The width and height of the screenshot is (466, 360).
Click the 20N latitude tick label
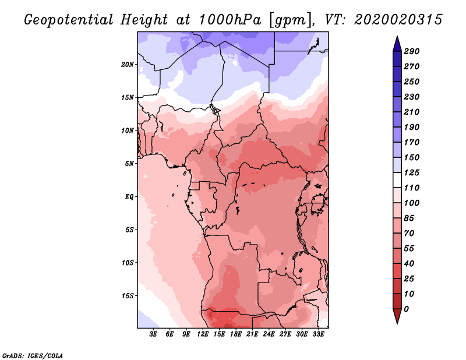tap(128, 64)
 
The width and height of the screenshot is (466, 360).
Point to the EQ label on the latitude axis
tap(129, 196)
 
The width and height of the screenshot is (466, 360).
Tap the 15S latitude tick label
tap(128, 295)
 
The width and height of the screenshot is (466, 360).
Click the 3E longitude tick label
tap(154, 334)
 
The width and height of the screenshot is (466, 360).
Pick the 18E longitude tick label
tap(236, 334)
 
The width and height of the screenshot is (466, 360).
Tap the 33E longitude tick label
tap(318, 334)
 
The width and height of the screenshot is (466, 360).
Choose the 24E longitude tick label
tap(269, 334)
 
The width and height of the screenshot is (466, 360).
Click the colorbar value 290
tap(411, 51)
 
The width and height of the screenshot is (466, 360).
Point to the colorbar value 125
tap(411, 172)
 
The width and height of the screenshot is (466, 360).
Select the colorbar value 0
tap(407, 309)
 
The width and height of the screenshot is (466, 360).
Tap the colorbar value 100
tap(411, 203)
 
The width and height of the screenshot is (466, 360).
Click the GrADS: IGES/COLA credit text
tap(32, 355)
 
